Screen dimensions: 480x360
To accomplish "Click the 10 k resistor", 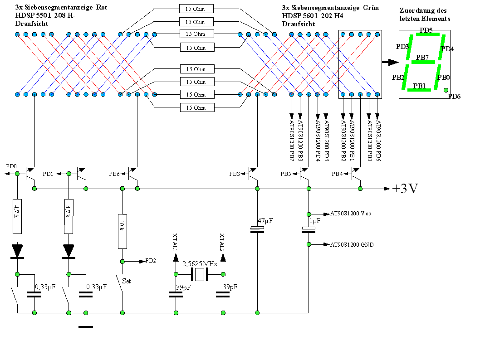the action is (122, 231).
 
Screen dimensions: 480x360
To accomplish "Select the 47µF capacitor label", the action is (265, 221).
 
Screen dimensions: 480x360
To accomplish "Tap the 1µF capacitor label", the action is (315, 221).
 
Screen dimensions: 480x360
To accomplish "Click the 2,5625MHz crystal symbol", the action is (199, 274).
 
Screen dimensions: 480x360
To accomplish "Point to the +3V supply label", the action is (405, 189).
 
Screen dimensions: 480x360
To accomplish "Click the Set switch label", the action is (127, 281).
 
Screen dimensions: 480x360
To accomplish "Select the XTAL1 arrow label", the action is (176, 242).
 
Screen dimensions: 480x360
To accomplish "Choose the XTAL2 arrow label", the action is (223, 242).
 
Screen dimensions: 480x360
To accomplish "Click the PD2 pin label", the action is (151, 261).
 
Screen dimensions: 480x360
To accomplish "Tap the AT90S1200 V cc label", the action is (351, 214).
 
